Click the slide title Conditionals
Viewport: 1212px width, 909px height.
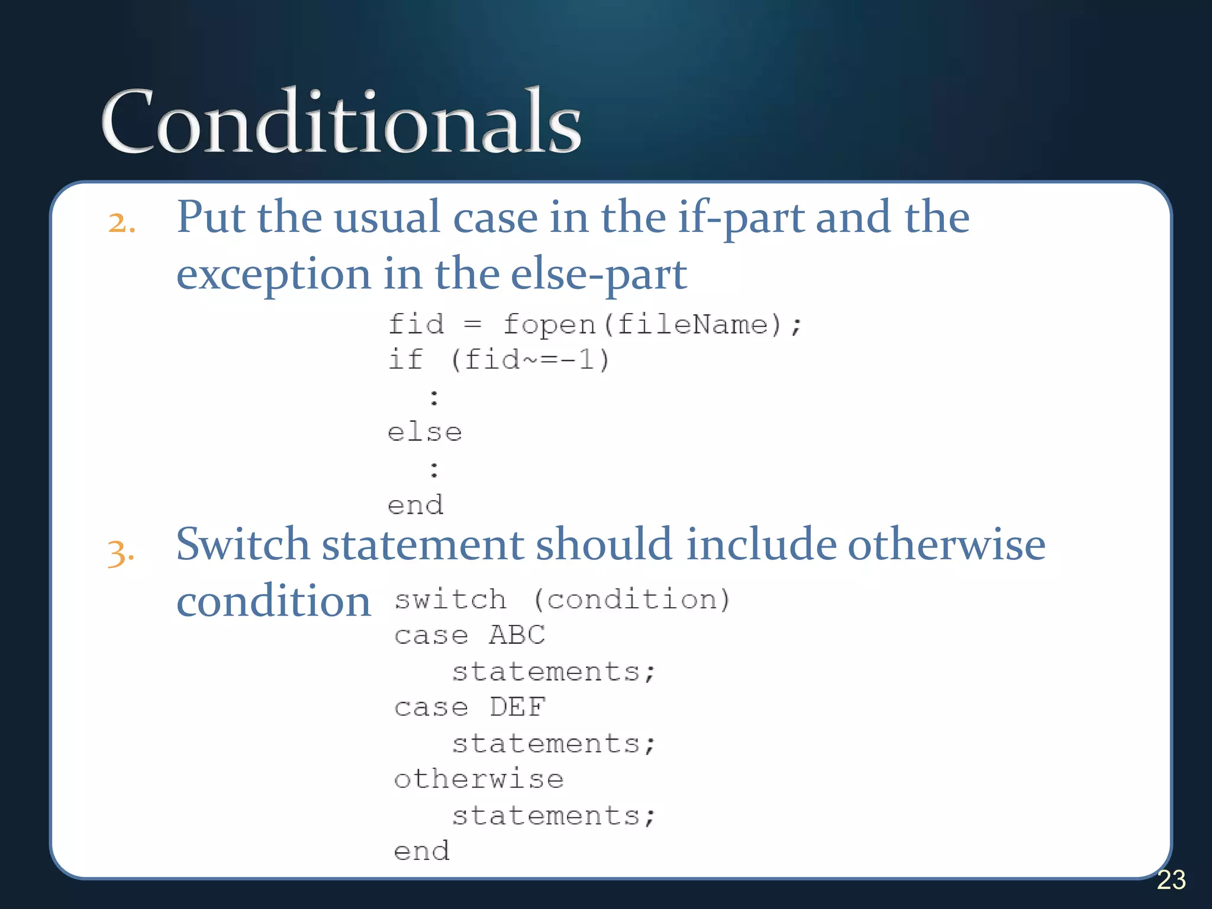click(341, 121)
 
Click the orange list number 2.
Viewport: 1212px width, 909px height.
click(121, 223)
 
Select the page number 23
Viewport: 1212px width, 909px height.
click(1171, 880)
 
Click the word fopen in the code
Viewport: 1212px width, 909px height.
click(549, 325)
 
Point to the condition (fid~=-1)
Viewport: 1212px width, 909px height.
click(530, 360)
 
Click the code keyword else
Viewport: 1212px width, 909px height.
click(424, 433)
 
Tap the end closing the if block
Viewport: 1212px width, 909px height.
click(415, 505)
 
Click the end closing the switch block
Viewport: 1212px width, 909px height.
click(422, 851)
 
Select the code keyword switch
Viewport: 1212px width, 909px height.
click(450, 599)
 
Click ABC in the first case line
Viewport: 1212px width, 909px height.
click(517, 635)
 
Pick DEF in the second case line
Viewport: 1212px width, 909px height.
click(517, 707)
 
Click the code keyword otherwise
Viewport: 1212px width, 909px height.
click(479, 779)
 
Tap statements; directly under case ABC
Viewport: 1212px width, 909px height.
click(553, 672)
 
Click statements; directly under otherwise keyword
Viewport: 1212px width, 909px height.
click(553, 816)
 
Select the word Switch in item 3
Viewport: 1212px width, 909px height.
click(242, 544)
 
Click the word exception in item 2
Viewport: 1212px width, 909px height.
click(273, 275)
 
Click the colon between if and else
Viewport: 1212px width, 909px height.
click(434, 397)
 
